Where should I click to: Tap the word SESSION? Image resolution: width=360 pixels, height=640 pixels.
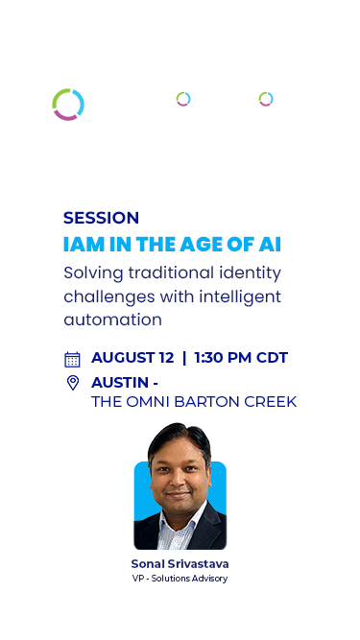tap(101, 218)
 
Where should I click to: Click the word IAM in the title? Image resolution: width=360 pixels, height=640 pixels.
tap(78, 245)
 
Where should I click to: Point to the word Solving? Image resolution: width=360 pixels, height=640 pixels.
tap(93, 273)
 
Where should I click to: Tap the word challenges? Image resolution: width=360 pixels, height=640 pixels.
tap(108, 296)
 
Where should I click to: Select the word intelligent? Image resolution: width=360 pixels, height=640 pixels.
tap(240, 296)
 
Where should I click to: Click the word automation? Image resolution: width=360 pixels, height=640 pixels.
tap(112, 320)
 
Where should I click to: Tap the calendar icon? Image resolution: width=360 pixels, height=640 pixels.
tap(72, 360)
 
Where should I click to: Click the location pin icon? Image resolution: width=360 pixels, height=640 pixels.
tap(73, 383)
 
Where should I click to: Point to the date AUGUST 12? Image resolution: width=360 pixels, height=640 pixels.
tap(132, 358)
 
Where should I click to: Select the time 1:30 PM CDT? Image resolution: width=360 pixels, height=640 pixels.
tap(241, 358)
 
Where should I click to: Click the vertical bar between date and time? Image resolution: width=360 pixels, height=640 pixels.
tap(184, 358)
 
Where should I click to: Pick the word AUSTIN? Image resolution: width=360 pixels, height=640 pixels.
tap(120, 383)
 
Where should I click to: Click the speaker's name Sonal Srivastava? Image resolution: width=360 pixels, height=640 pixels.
tap(180, 564)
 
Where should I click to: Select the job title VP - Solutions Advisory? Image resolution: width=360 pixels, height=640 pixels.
tap(180, 579)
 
